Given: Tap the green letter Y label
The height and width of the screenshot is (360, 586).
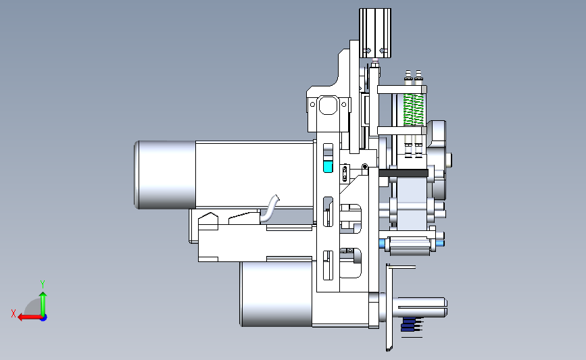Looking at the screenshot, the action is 43,284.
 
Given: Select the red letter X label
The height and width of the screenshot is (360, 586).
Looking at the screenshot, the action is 14,313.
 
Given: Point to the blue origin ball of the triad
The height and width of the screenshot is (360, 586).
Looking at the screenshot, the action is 44,318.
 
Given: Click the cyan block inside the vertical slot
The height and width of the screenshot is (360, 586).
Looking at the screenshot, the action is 328,167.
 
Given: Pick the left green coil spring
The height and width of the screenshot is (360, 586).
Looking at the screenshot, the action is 408,109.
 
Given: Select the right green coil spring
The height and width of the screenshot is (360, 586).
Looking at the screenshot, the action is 418,109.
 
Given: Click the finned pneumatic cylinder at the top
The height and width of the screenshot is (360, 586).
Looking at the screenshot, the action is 375,33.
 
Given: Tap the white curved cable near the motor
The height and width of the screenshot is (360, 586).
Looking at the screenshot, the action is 270,210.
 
